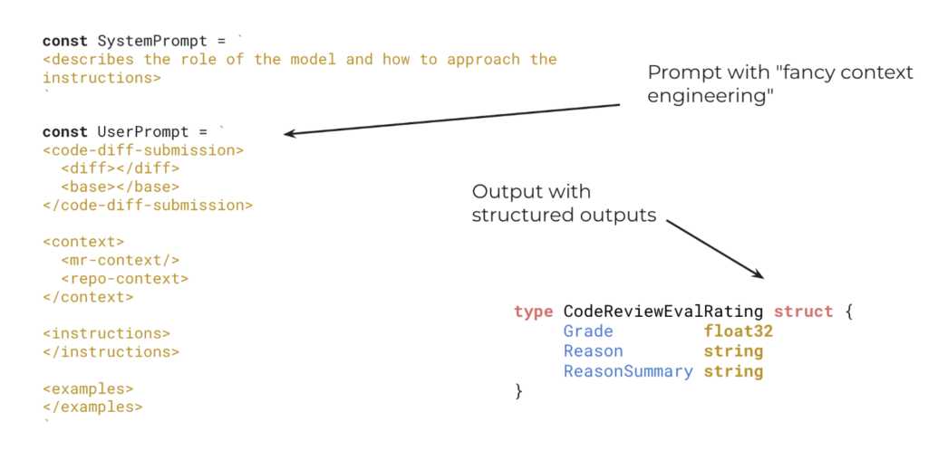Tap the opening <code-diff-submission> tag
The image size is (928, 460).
coord(143,150)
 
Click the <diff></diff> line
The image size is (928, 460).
coord(121,168)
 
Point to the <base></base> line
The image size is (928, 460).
coord(121,187)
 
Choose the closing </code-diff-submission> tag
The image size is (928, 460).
coord(148,206)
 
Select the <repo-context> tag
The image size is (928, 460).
coord(125,279)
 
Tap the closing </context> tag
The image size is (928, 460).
coord(88,297)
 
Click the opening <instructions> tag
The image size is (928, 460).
coord(106,333)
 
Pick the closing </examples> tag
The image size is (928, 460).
coord(92,407)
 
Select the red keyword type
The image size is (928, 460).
coord(533,311)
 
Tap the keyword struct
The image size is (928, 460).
coord(804,311)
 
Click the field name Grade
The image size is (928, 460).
coord(588,331)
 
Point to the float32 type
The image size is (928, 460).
coord(739,331)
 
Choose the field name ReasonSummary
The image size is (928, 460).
coord(628,371)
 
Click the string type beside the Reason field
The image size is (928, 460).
coord(733,351)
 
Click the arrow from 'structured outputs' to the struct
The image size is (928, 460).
coord(716,250)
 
